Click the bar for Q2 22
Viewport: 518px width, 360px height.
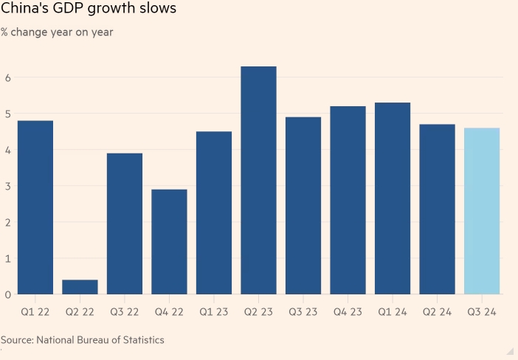click(80, 287)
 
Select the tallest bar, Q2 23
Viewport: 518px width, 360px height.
click(258, 181)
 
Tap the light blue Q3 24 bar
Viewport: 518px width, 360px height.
click(482, 211)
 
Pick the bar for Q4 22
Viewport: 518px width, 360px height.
click(169, 242)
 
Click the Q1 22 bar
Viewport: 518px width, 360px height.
click(35, 207)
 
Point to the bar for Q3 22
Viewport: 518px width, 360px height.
click(124, 224)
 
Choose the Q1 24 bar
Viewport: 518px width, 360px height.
click(393, 198)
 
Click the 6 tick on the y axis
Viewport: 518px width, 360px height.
click(7, 77)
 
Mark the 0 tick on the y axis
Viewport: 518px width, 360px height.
click(7, 294)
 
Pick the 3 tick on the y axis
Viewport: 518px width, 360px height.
click(7, 186)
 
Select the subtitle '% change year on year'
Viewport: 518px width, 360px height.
click(57, 32)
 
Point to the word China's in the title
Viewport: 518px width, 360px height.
click(24, 10)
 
